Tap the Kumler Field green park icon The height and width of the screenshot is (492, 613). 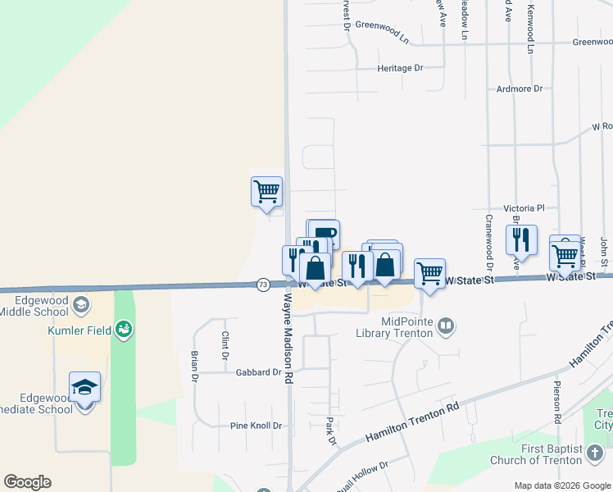(x=125, y=330)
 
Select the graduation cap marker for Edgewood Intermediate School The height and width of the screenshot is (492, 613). (x=84, y=387)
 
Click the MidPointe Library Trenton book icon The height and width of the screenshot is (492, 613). (x=446, y=326)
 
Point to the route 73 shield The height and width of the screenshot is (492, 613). (x=262, y=285)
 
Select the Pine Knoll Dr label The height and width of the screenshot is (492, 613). (x=256, y=426)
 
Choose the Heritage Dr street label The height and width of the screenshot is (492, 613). (x=401, y=68)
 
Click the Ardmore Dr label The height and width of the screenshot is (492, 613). (x=520, y=89)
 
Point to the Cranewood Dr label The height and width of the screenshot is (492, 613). (x=489, y=243)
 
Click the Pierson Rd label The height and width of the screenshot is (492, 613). (x=556, y=402)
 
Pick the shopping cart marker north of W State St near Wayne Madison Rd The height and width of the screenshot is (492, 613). (x=266, y=192)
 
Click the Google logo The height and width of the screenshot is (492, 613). (x=27, y=482)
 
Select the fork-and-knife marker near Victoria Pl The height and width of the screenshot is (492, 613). (x=520, y=239)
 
